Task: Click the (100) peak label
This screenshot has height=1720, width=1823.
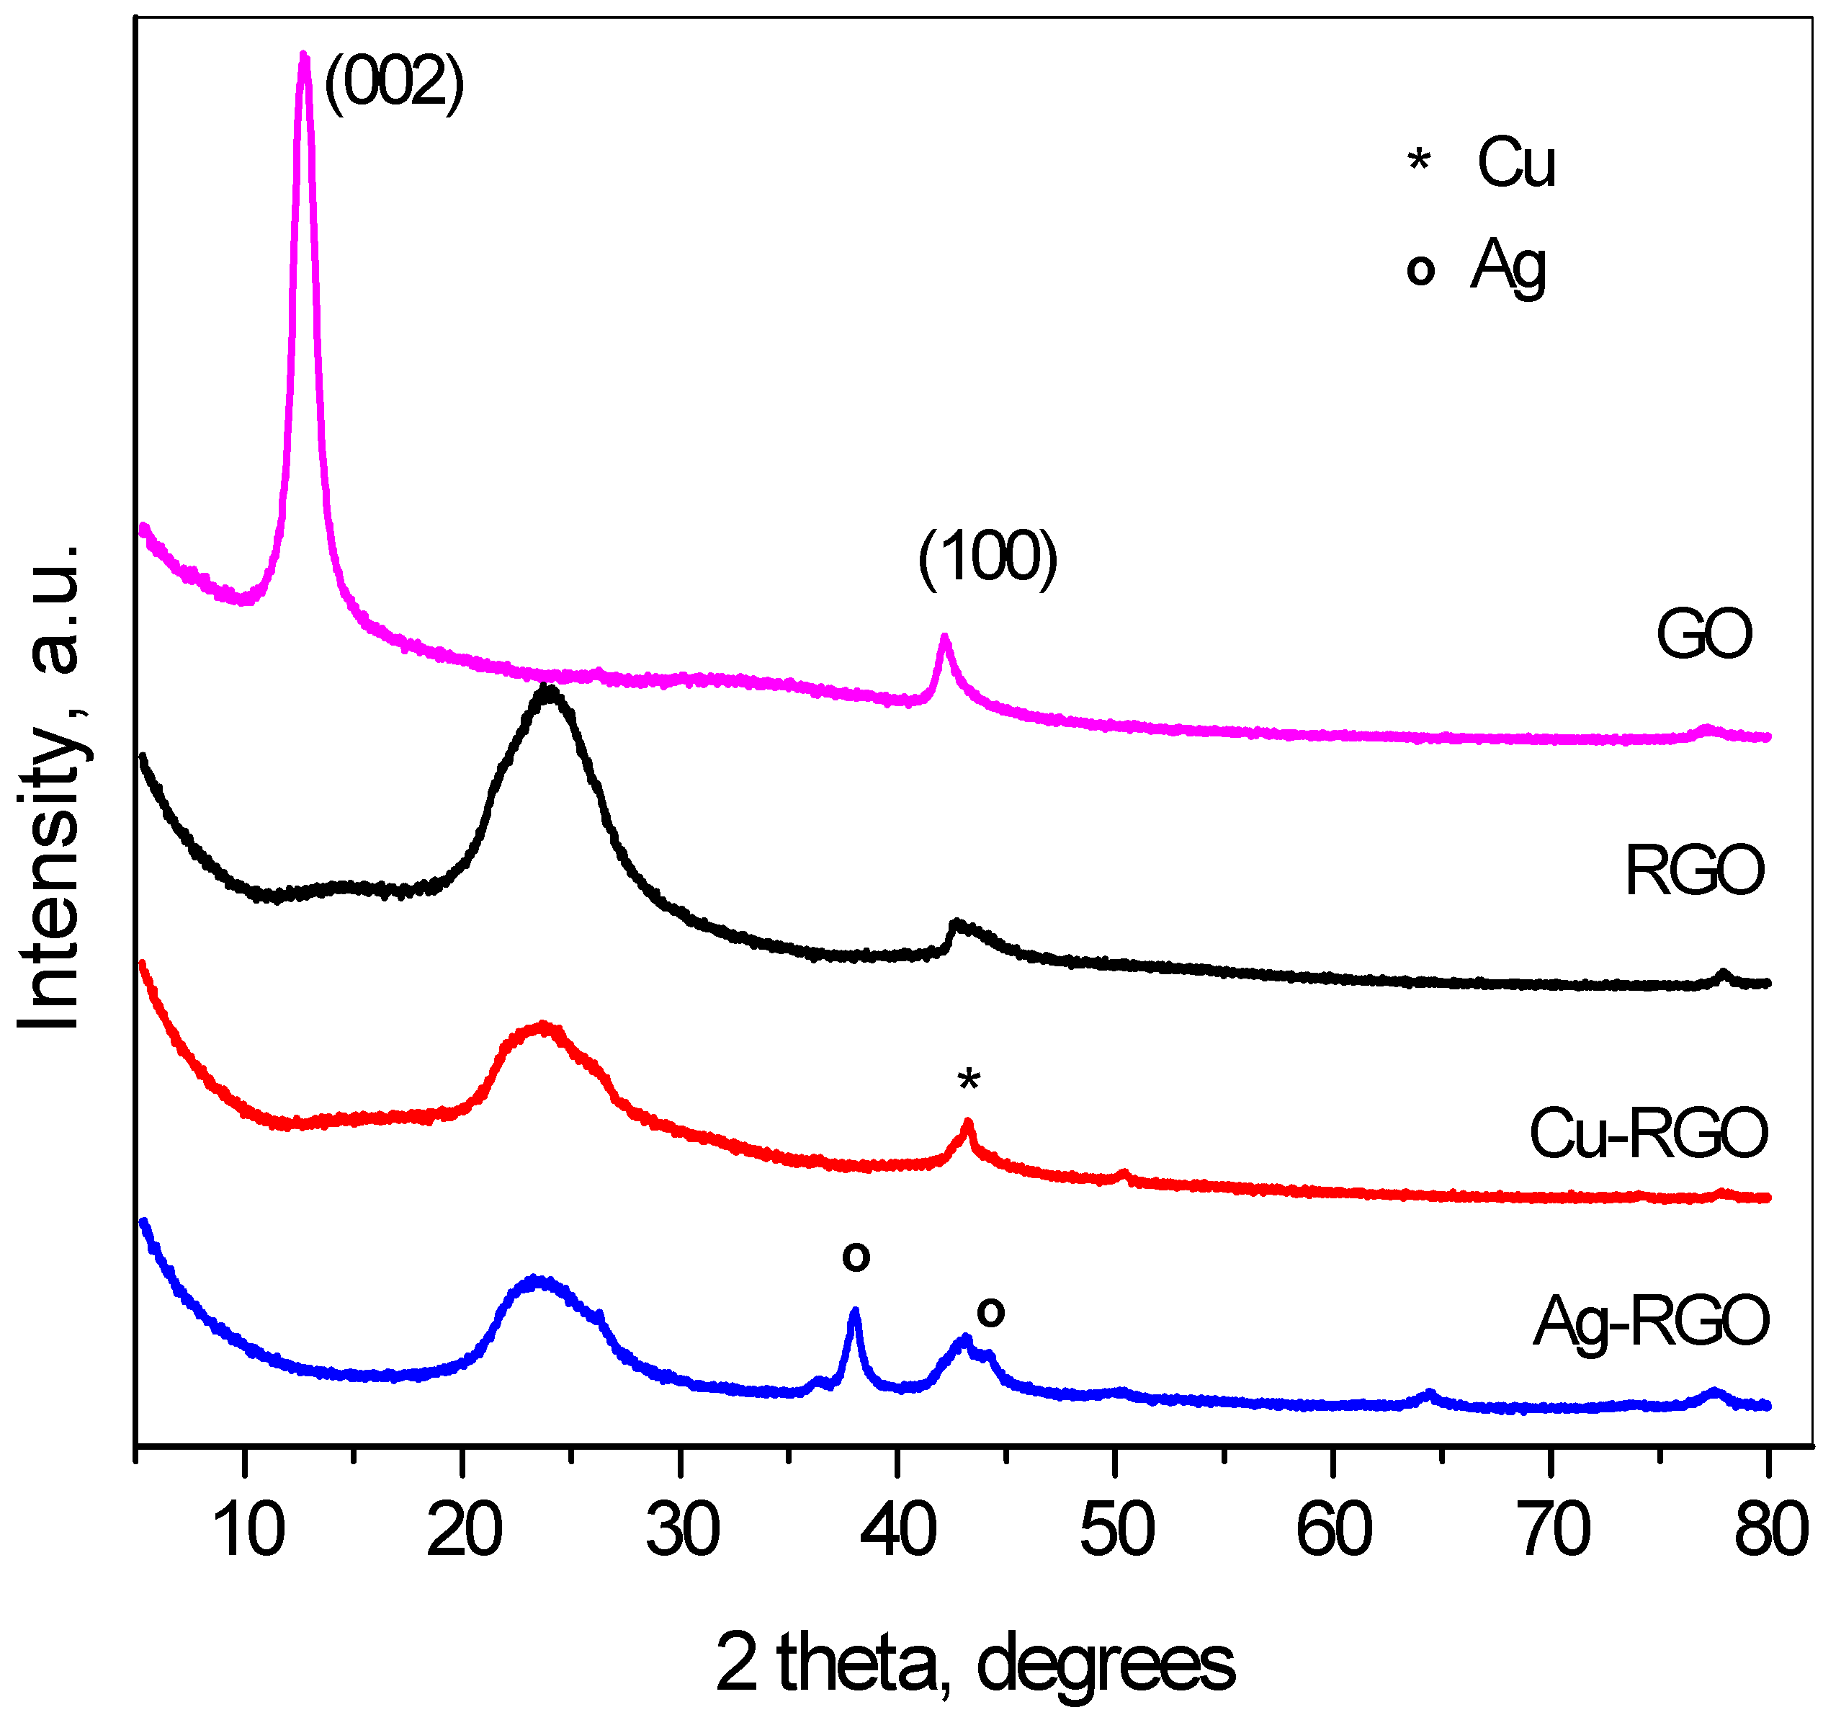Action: (x=987, y=558)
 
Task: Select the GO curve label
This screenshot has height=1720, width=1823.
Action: (x=1703, y=634)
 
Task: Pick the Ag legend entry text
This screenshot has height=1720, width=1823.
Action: (x=1508, y=267)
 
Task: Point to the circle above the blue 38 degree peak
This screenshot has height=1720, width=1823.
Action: (x=856, y=1257)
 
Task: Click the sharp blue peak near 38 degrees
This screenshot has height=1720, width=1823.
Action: (x=855, y=1314)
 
